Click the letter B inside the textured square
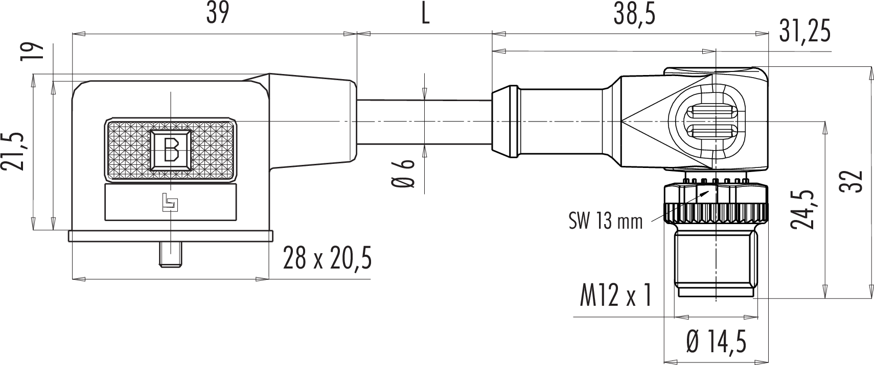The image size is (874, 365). pyautogui.click(x=171, y=150)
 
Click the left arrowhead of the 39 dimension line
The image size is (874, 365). pyautogui.click(x=79, y=34)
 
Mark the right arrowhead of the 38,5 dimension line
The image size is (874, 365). pyautogui.click(x=762, y=34)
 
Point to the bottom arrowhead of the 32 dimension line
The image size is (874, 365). pyautogui.click(x=871, y=291)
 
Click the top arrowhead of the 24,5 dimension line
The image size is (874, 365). pyautogui.click(x=825, y=128)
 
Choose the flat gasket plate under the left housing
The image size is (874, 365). pyautogui.click(x=171, y=236)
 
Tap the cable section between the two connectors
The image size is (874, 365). pyautogui.click(x=424, y=123)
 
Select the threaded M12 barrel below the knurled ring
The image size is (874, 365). pyautogui.click(x=716, y=264)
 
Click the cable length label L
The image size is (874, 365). pyautogui.click(x=425, y=15)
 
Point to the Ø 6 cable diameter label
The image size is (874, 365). pyautogui.click(x=403, y=174)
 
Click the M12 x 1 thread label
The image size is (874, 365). pyautogui.click(x=616, y=295)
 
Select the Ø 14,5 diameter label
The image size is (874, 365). pyautogui.click(x=717, y=342)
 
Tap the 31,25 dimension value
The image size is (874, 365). pyautogui.click(x=805, y=31)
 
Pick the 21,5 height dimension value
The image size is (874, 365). pyautogui.click(x=12, y=152)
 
